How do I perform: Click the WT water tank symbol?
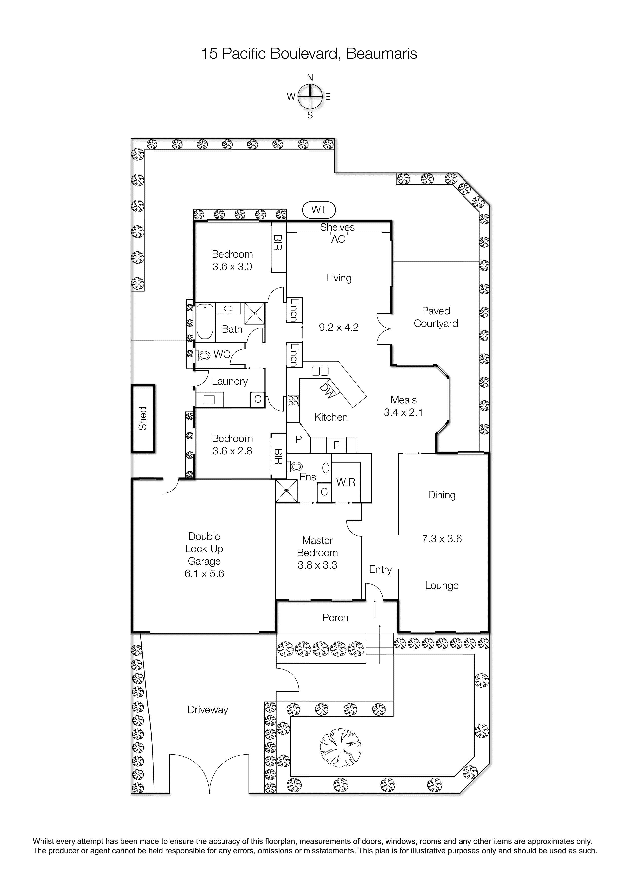point(319,209)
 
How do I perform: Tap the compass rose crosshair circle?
point(310,97)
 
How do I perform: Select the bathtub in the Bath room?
point(205,322)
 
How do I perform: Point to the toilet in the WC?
point(203,356)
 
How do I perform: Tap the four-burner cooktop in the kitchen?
point(293,400)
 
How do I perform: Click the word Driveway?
point(208,710)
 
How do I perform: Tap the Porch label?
point(335,617)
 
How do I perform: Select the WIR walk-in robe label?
point(345,482)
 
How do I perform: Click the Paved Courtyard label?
point(436,317)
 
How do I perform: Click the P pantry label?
point(299,439)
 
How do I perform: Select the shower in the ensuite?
point(287,491)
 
